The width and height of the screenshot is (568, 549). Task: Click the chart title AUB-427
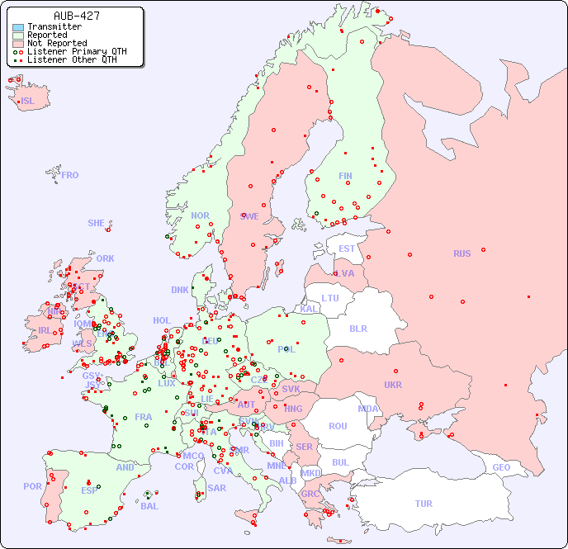(x=77, y=16)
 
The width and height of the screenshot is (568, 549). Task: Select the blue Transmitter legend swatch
(x=18, y=26)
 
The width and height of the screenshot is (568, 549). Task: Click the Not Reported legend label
(x=56, y=43)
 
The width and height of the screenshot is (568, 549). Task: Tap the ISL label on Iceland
(x=28, y=102)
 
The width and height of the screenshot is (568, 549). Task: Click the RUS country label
(x=461, y=253)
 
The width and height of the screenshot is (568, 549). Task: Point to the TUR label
(x=424, y=504)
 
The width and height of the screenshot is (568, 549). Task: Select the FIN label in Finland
(x=345, y=176)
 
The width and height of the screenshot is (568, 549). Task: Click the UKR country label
(x=393, y=385)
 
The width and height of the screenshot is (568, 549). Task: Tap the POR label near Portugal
(x=32, y=486)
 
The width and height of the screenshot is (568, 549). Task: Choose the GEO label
(x=501, y=467)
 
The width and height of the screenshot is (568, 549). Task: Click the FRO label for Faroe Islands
(x=70, y=175)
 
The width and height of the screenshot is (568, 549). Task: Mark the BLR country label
(x=358, y=328)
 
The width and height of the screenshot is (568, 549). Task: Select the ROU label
(x=338, y=426)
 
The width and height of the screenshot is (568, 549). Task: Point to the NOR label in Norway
(x=200, y=215)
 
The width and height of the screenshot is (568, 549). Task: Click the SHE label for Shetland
(x=97, y=223)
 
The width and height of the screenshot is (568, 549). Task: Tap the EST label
(x=347, y=248)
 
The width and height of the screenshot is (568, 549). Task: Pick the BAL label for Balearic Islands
(x=149, y=506)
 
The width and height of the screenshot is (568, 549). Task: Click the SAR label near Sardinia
(x=216, y=488)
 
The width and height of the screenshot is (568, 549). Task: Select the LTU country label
(x=330, y=298)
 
